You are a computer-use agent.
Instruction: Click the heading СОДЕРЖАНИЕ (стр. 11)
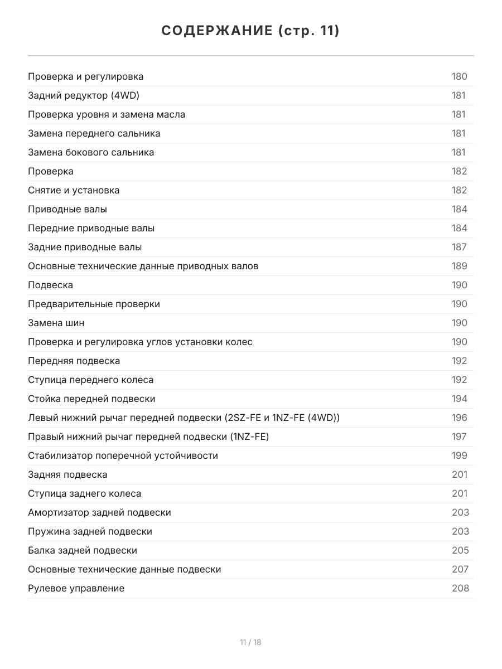[x=250, y=31]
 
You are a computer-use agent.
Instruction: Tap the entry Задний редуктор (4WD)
[x=84, y=95]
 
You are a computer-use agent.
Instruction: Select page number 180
[x=459, y=76]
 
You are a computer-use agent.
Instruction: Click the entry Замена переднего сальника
[x=94, y=133]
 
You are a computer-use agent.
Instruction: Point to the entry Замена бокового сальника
[x=91, y=152]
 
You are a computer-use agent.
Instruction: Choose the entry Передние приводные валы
[x=91, y=228]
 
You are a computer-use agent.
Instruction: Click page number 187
[x=459, y=247]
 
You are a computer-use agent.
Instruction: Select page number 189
[x=459, y=266]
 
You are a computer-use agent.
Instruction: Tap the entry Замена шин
[x=56, y=323]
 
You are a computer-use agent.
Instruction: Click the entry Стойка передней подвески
[x=91, y=399]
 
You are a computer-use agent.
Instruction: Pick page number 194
[x=459, y=399]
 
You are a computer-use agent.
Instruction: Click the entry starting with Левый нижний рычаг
[x=184, y=418]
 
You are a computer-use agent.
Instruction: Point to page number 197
[x=459, y=437]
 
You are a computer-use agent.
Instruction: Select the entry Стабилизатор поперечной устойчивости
[x=123, y=455]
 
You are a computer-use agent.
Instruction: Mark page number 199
[x=459, y=455]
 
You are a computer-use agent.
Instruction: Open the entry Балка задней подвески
[x=83, y=550]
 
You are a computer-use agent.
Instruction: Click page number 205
[x=460, y=550]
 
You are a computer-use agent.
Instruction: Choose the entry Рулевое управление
[x=76, y=588]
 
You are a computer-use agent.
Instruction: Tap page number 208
[x=460, y=588]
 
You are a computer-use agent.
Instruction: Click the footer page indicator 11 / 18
[x=250, y=642]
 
